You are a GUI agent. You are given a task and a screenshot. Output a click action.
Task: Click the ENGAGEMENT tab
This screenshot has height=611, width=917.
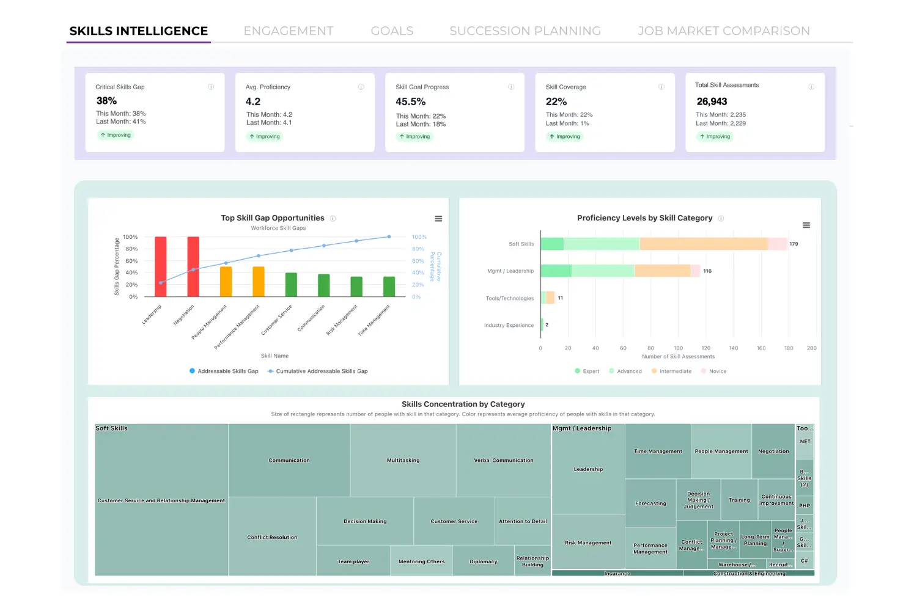pyautogui.click(x=289, y=31)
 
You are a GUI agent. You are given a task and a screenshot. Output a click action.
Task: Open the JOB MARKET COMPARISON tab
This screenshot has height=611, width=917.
pyautogui.click(x=723, y=31)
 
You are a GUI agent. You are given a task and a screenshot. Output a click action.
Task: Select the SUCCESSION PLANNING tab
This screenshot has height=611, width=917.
pyautogui.click(x=525, y=31)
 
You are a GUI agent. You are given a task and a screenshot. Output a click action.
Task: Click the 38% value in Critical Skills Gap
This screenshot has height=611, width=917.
pyautogui.click(x=106, y=101)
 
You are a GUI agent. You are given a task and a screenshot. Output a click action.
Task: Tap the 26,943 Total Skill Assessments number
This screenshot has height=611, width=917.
pyautogui.click(x=712, y=101)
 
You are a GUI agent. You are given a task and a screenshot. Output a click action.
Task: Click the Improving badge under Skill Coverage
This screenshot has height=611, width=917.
pyautogui.click(x=564, y=137)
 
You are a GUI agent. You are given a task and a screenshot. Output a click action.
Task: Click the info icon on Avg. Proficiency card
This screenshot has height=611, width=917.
pyautogui.click(x=361, y=87)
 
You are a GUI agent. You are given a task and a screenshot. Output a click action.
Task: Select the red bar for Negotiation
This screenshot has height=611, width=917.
pyautogui.click(x=193, y=267)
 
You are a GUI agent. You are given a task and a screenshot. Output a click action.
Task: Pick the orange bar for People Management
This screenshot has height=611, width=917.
pyautogui.click(x=226, y=282)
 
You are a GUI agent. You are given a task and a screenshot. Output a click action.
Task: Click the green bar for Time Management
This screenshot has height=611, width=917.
pyautogui.click(x=389, y=287)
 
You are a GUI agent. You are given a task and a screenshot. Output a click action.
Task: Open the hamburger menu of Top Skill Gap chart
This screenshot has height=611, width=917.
pyautogui.click(x=438, y=219)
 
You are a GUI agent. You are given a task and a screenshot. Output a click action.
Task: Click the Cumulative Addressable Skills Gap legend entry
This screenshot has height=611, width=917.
pyautogui.click(x=317, y=371)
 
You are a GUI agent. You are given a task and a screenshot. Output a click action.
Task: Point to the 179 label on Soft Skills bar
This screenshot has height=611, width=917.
pyautogui.click(x=794, y=244)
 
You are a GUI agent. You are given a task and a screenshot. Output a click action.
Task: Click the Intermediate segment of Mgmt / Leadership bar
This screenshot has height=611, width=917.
pyautogui.click(x=662, y=271)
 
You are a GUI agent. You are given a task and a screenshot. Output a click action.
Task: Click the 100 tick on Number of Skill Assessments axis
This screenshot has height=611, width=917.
pyautogui.click(x=678, y=348)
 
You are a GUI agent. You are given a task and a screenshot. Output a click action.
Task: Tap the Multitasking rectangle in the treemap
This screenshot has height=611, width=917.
pyautogui.click(x=403, y=460)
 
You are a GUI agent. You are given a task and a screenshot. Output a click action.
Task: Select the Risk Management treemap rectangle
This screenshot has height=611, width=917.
pyautogui.click(x=588, y=543)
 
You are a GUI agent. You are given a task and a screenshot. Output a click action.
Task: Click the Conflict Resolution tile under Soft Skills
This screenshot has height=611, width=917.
pyautogui.click(x=272, y=537)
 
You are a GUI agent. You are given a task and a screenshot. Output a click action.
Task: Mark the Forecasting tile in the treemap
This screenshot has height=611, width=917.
pyautogui.click(x=650, y=503)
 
